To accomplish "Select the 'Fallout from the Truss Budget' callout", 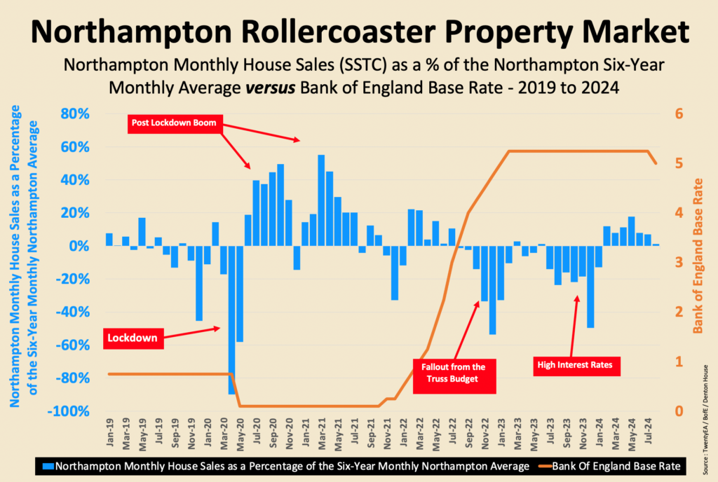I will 453,373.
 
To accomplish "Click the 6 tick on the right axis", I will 678,114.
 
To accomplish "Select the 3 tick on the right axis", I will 678,263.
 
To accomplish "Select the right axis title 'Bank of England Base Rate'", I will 698,256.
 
